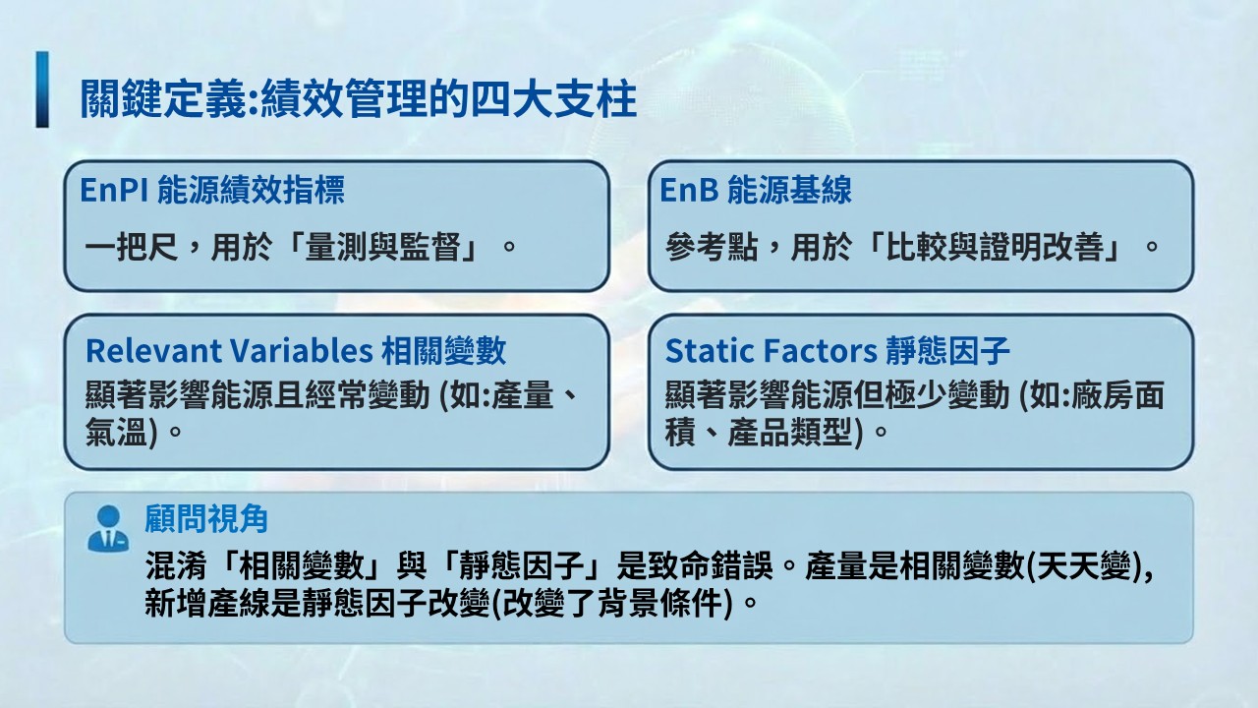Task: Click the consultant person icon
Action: pyautogui.click(x=108, y=529)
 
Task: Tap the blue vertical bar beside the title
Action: pyautogui.click(x=42, y=89)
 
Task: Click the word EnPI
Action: pyautogui.click(x=114, y=190)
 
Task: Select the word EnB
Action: pyautogui.click(x=689, y=190)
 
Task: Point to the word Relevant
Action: pyautogui.click(x=153, y=351)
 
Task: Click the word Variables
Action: pyautogui.click(x=302, y=351)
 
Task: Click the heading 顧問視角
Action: pyautogui.click(x=206, y=518)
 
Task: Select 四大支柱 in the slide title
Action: pyautogui.click(x=553, y=98)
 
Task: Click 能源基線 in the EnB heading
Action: pyautogui.click(x=789, y=190)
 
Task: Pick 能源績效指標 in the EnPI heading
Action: pyautogui.click(x=251, y=190)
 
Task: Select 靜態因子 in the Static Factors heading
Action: pyautogui.click(x=948, y=351)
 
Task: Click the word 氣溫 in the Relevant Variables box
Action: pyautogui.click(x=116, y=432)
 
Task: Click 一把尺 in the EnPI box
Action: pyautogui.click(x=132, y=247)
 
